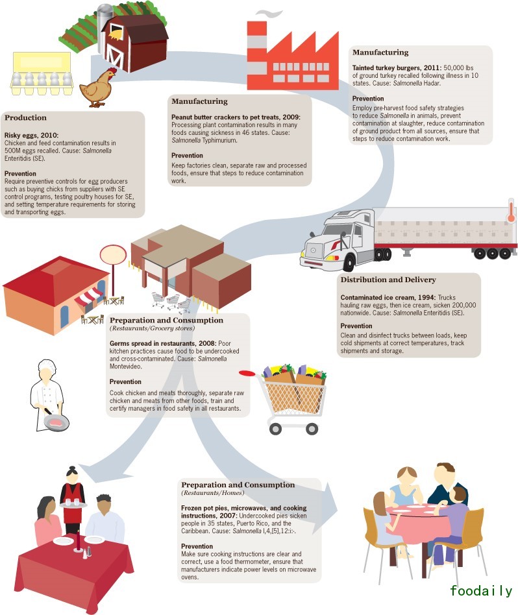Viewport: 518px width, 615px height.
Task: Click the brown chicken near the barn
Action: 101,88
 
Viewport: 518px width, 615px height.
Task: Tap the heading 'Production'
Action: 25,118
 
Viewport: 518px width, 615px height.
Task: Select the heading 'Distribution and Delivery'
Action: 388,280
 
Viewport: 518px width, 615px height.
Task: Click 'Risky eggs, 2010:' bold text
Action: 31,135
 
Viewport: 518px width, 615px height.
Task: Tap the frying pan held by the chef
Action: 55,422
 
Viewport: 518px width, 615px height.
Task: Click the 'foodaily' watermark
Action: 481,590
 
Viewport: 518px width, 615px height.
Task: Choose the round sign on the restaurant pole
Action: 112,254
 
